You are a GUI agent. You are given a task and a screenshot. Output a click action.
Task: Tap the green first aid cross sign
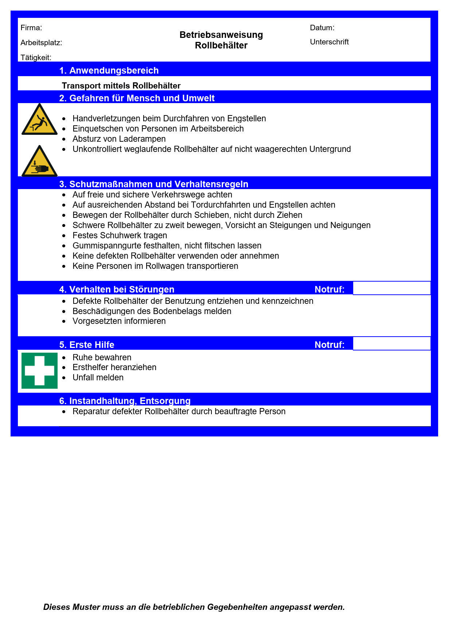tap(39, 371)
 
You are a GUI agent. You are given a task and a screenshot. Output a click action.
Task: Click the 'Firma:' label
tap(31, 28)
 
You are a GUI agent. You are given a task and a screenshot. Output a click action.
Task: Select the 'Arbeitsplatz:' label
tap(41, 43)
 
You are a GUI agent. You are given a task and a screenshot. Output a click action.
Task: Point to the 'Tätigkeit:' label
tap(36, 58)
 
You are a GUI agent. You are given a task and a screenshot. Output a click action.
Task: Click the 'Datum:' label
tap(322, 28)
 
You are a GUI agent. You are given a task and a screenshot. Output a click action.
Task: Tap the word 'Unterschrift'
tap(329, 42)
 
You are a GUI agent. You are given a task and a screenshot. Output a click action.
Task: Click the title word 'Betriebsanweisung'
tap(221, 35)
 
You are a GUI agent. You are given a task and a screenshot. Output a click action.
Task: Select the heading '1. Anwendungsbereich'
tap(109, 70)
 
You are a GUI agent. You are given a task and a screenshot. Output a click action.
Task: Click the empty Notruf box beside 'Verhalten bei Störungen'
tap(392, 288)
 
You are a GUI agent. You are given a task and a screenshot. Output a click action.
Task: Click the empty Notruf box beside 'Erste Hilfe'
tap(392, 344)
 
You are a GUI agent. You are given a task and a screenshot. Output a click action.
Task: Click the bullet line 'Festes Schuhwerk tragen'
tap(120, 235)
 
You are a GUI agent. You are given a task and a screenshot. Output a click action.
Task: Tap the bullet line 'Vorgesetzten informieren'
tap(119, 321)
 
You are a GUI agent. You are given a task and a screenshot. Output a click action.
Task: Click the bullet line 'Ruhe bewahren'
tap(102, 357)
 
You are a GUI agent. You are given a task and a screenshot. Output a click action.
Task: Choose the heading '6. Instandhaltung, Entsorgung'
tap(125, 401)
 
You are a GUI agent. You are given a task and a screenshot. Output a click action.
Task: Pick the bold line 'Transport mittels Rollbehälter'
tap(121, 86)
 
